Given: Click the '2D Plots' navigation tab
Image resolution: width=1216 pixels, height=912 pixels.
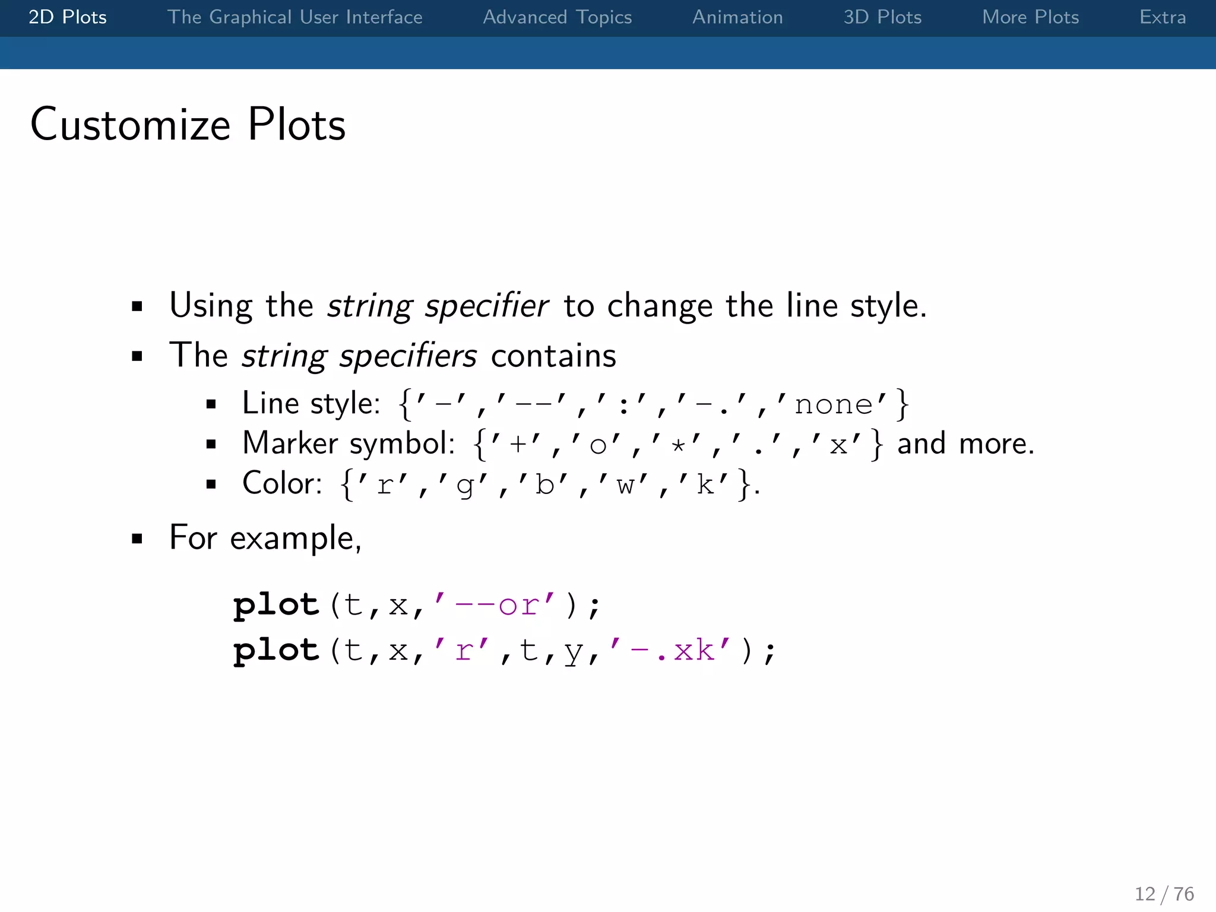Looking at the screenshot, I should pyautogui.click(x=68, y=17).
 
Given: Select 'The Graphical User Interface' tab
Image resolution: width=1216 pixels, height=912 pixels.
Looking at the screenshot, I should pyautogui.click(x=294, y=17).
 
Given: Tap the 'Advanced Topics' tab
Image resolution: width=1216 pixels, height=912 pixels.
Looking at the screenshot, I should pyautogui.click(x=557, y=17).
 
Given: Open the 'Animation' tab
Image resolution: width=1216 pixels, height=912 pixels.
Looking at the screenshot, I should pyautogui.click(x=737, y=17).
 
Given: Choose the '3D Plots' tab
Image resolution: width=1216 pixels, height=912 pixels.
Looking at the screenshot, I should pyautogui.click(x=882, y=17).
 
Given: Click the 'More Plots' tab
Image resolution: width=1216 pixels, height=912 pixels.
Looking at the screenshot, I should pyautogui.click(x=1030, y=17).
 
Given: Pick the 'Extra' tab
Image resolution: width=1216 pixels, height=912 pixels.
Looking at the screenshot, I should pyautogui.click(x=1162, y=17).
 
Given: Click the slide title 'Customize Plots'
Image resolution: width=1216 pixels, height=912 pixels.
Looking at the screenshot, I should pyautogui.click(x=188, y=125).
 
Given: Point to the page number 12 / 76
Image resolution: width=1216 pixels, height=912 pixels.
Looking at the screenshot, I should pyautogui.click(x=1164, y=894).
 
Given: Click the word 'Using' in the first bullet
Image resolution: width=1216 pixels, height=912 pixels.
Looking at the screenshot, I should pyautogui.click(x=211, y=306).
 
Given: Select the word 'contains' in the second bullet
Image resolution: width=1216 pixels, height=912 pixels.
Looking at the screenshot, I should pyautogui.click(x=553, y=356).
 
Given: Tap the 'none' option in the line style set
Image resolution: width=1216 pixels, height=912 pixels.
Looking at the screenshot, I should pyautogui.click(x=833, y=405).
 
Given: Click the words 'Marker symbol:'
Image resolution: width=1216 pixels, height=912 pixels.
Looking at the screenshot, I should pyautogui.click(x=349, y=444).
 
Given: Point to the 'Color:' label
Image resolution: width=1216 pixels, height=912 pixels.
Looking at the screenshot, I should pyautogui.click(x=282, y=483).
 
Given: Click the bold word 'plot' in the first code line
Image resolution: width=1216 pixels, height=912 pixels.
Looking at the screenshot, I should pyautogui.click(x=276, y=605).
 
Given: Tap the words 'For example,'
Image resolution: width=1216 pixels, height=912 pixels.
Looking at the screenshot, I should pyautogui.click(x=265, y=538).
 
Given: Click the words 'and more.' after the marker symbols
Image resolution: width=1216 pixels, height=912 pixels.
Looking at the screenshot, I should pyautogui.click(x=965, y=444).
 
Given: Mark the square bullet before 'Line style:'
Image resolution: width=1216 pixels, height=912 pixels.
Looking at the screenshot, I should pyautogui.click(x=211, y=405).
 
